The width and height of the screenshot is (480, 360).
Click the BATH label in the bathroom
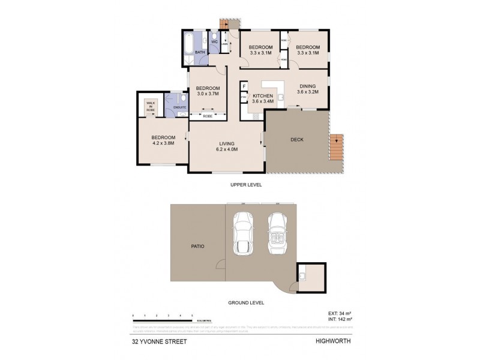pyautogui.click(x=200, y=52)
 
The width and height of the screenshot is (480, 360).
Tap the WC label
pyautogui.click(x=214, y=42)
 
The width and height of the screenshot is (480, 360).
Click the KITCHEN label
pyautogui.click(x=263, y=96)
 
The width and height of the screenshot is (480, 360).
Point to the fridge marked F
pyautogui.click(x=244, y=86)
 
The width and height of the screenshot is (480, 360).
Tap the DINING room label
pyautogui.click(x=308, y=86)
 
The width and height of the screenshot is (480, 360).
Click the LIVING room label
pyautogui.click(x=226, y=143)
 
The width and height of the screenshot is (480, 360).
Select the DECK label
pyautogui.click(x=296, y=140)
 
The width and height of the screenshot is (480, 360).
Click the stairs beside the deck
pyautogui.click(x=336, y=146)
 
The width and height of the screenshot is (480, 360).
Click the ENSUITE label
pyautogui.click(x=179, y=107)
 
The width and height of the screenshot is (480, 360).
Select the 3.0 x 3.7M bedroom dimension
pyautogui.click(x=208, y=94)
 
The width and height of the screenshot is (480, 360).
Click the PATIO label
pyautogui.click(x=198, y=245)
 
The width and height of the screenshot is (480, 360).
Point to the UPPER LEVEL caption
pyautogui.click(x=246, y=185)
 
